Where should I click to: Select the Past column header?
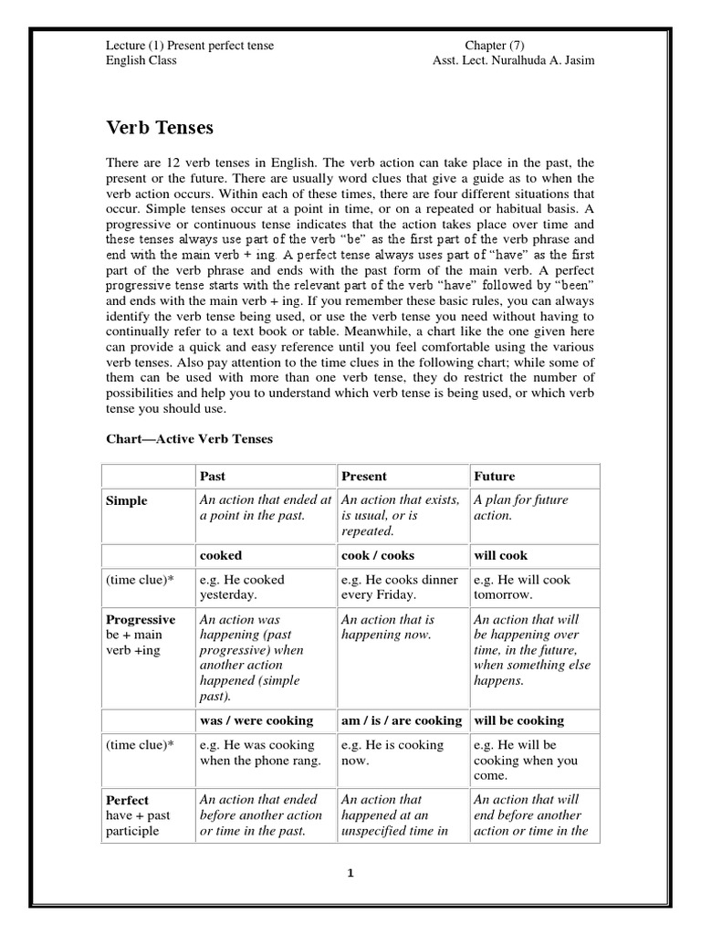(214, 476)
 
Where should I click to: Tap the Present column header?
(364, 476)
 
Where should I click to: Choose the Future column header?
(494, 476)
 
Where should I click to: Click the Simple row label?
(126, 501)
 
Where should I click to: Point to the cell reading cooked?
(221, 555)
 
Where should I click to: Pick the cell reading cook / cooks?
(376, 555)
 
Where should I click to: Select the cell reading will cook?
(500, 555)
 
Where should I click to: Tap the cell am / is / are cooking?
(402, 720)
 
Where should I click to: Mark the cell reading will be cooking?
(518, 720)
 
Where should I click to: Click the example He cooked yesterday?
(242, 587)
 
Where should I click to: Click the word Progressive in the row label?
(141, 620)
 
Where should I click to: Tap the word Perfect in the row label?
(128, 800)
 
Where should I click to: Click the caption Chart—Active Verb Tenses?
(189, 439)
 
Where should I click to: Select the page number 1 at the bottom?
(350, 873)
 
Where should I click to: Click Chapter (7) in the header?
(495, 46)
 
